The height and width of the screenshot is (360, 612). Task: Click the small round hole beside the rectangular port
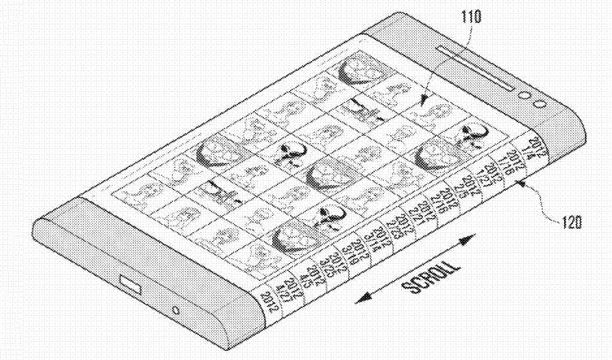[177, 312]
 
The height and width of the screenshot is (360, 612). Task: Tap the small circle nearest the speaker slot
[523, 95]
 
